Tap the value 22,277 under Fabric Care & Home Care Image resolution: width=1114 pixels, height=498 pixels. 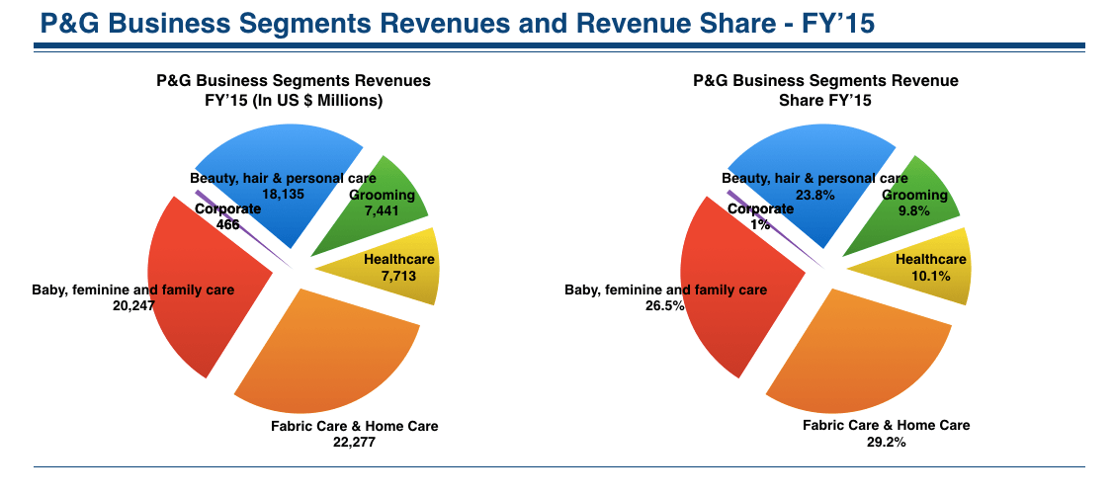[354, 442]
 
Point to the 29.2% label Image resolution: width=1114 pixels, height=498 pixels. [886, 441]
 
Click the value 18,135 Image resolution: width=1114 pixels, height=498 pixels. [283, 194]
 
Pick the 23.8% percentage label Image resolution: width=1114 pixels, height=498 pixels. [814, 194]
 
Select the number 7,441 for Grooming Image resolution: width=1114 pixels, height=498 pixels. [381, 210]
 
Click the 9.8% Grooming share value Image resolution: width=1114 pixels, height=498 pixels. [914, 210]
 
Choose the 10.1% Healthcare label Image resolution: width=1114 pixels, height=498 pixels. [931, 276]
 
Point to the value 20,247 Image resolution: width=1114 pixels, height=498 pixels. [133, 305]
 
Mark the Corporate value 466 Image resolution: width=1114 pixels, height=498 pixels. [227, 224]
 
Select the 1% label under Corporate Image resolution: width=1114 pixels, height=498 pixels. [760, 224]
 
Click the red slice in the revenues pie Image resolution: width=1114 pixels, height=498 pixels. [206, 285]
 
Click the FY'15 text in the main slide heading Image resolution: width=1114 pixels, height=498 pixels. [837, 24]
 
